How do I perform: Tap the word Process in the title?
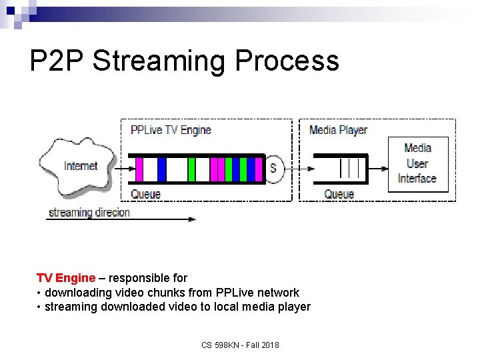(287, 61)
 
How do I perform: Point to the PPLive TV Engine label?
(171, 130)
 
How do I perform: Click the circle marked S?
(273, 169)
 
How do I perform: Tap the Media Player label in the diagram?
(338, 130)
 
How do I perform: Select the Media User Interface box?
(417, 163)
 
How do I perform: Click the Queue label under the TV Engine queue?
(145, 194)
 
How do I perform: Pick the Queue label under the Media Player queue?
(339, 194)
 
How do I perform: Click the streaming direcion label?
(89, 213)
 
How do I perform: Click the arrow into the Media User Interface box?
(377, 169)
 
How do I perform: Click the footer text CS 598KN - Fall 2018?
(241, 345)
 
